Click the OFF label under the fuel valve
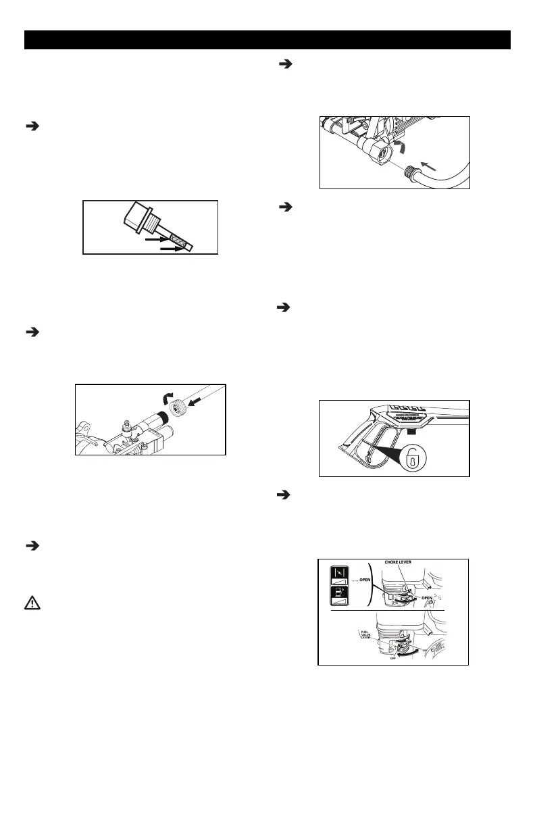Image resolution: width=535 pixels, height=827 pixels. coord(392,658)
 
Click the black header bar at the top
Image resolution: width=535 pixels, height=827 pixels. coord(267,40)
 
